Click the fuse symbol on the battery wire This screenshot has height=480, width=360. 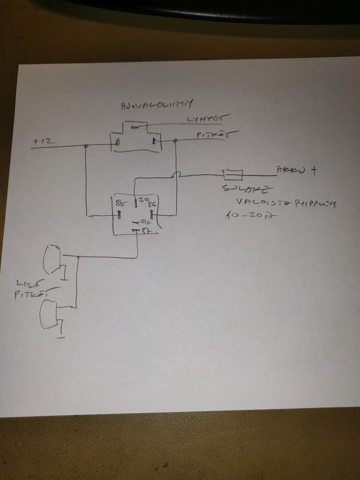tap(232, 174)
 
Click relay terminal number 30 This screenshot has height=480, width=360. tap(143, 199)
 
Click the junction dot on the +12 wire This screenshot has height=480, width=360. tap(86, 146)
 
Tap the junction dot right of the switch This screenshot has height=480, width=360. tap(176, 141)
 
